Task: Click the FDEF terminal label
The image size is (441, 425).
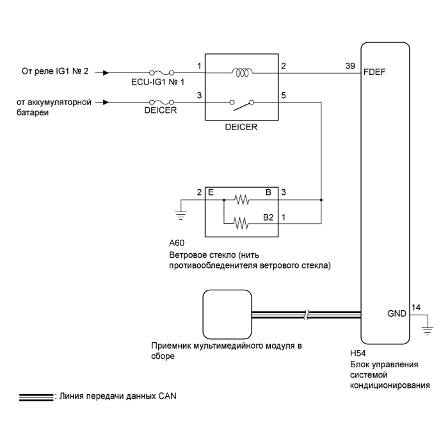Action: point(374,72)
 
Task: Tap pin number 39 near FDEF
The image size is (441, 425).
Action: point(350,66)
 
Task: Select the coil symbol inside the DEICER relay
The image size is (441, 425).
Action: point(242,73)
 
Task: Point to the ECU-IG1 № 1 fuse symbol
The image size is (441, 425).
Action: point(161,73)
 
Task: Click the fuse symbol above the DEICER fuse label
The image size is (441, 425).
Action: point(161,102)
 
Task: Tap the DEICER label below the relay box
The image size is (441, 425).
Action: point(241,127)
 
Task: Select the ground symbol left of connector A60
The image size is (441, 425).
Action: point(180,215)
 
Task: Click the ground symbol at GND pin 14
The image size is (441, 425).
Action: point(428,331)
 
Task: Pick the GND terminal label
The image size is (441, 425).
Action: point(397,313)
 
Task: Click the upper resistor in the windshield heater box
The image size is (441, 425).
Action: point(241,200)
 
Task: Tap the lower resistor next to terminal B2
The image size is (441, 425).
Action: point(241,223)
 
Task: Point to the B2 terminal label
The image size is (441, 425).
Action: point(268,217)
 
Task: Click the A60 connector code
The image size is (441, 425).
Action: point(177,243)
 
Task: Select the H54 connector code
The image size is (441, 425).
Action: point(358,353)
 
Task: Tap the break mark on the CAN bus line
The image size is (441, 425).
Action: point(307,315)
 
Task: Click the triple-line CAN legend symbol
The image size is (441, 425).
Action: point(36,397)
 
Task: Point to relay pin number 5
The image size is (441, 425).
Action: point(284,96)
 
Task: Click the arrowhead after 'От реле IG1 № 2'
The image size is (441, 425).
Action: point(106,73)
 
